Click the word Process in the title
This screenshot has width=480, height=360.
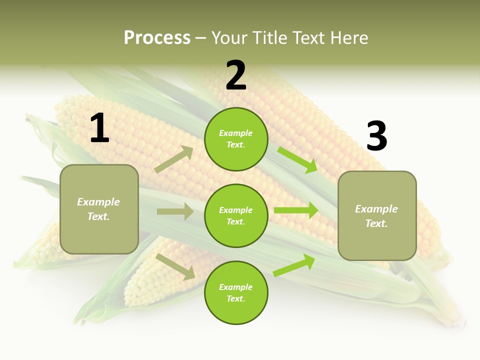coord(157,38)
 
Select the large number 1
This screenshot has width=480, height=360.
coord(99,128)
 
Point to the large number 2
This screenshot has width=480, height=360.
coord(236,75)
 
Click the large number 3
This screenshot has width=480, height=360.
coord(376,136)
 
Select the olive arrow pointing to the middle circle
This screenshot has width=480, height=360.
coord(175,211)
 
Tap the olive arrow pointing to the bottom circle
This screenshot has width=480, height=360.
coord(175,266)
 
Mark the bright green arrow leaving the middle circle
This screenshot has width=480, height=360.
coord(296,210)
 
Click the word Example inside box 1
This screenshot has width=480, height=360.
coord(98,202)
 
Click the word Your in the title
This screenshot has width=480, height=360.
coord(230,38)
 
